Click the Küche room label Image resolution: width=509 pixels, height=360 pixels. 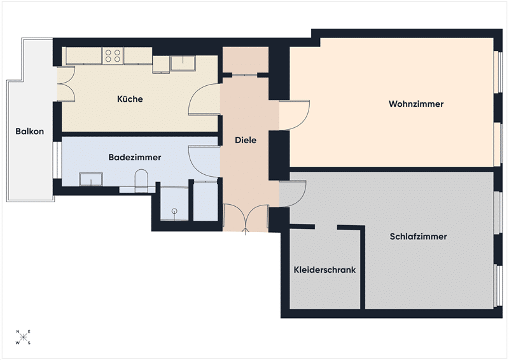130,99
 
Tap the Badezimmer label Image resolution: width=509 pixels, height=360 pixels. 135,158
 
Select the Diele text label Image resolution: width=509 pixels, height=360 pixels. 246,140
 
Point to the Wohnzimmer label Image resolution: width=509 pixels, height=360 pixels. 416,104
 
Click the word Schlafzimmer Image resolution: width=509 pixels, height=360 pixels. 418,237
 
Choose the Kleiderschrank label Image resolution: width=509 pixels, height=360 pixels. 324,270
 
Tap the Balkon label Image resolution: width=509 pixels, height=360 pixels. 29,132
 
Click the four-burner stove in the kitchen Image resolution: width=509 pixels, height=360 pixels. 113,55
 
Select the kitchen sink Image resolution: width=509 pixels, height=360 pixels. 183,63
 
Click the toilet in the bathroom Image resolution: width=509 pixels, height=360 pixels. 141,179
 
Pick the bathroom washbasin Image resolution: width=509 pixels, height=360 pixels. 91,179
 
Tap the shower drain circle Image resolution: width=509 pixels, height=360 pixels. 174,211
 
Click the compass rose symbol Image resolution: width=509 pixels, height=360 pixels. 24,337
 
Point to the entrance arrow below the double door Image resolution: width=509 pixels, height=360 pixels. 246,231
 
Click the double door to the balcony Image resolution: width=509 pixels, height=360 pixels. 67,84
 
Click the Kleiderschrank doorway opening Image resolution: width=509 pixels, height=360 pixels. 326,227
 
